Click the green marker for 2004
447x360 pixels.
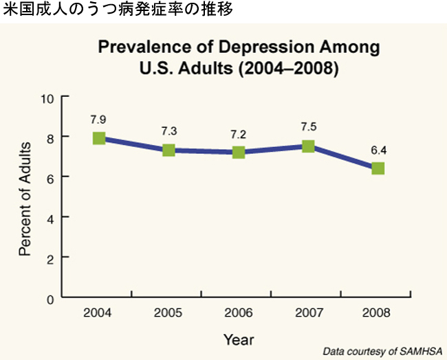coord(99,138)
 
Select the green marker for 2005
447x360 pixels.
coord(168,150)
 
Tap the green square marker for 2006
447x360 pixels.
coord(239,152)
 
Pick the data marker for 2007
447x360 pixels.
coord(308,146)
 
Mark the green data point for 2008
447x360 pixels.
coord(378,168)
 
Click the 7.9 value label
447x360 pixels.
coord(99,119)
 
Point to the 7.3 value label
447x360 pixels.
coord(168,131)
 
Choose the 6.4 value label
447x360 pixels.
coord(378,149)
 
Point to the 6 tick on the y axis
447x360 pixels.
coord(50,177)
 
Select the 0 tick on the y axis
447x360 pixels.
coord(50,298)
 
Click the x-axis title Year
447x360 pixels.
coord(239,339)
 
